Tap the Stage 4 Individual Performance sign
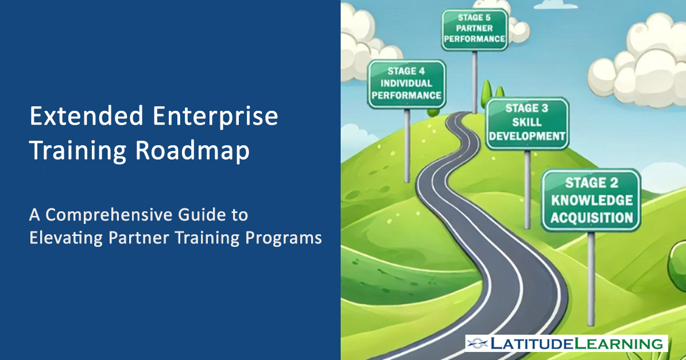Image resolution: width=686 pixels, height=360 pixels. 406,84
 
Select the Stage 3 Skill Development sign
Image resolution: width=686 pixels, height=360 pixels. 527,123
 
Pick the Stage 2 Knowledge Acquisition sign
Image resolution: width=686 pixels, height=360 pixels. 591,200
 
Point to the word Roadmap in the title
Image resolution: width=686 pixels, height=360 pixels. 192,151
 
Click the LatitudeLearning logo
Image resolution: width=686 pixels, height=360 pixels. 567,343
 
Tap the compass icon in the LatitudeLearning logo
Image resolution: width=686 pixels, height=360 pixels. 477,343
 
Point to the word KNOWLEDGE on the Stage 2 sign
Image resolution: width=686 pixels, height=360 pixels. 592,200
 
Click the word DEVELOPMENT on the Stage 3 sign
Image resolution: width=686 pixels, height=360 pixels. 527,137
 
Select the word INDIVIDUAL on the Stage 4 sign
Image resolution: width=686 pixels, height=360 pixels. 406,83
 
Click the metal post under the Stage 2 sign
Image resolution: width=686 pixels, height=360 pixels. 591,278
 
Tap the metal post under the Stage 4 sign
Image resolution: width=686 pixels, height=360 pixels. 407,146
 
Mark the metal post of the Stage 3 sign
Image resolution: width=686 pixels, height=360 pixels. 527,189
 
